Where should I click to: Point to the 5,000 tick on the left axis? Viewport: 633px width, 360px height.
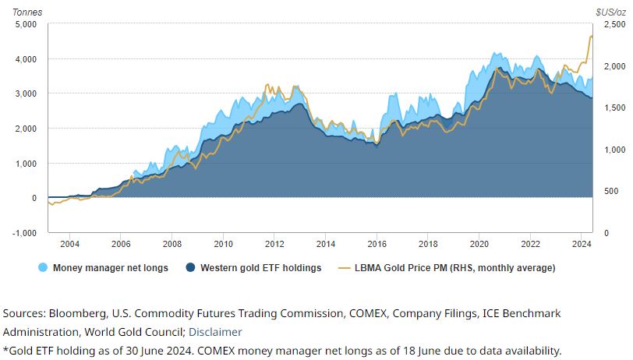tap(25, 24)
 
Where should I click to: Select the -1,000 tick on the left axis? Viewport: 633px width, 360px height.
tap(23, 233)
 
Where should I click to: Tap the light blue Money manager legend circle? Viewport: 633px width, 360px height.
tap(43, 268)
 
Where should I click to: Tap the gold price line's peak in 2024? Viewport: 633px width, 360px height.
tap(591, 36)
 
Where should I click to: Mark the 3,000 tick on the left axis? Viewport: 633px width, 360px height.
tap(25, 94)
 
